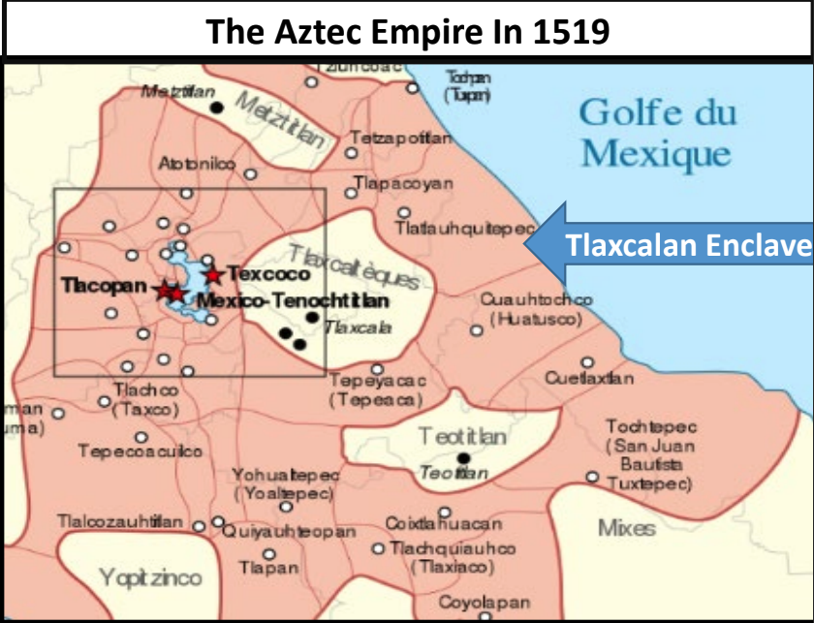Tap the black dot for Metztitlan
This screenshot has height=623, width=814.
click(x=217, y=107)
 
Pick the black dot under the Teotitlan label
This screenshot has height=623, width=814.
click(x=463, y=457)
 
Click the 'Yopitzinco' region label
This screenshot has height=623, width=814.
click(x=150, y=578)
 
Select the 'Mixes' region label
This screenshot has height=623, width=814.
click(x=626, y=528)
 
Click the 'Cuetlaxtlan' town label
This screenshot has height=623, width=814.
click(x=589, y=378)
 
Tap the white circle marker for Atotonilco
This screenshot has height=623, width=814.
click(x=251, y=175)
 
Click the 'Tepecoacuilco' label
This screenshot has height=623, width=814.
click(x=141, y=452)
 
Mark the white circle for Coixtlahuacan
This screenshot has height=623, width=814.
click(x=445, y=512)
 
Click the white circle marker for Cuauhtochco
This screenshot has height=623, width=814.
click(x=476, y=330)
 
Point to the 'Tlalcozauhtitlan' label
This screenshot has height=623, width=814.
click(x=119, y=522)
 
